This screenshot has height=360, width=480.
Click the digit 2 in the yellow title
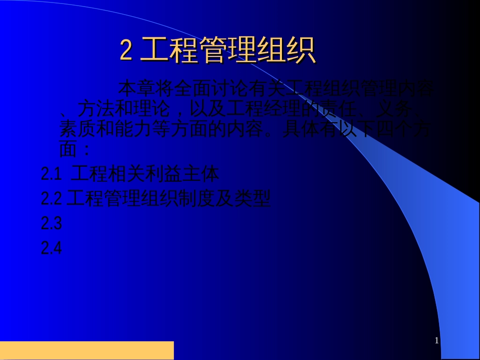point(126,50)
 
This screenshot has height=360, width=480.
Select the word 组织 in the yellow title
point(286,50)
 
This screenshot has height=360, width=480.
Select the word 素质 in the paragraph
point(77,129)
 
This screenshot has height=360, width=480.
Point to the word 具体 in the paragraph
point(300,129)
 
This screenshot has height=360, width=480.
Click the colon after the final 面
point(86,150)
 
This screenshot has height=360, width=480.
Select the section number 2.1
point(51,174)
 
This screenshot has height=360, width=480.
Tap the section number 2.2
point(51,198)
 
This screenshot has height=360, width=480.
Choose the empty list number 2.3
point(51,223)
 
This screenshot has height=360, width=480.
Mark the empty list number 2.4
point(51,248)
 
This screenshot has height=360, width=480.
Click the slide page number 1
point(437,341)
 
